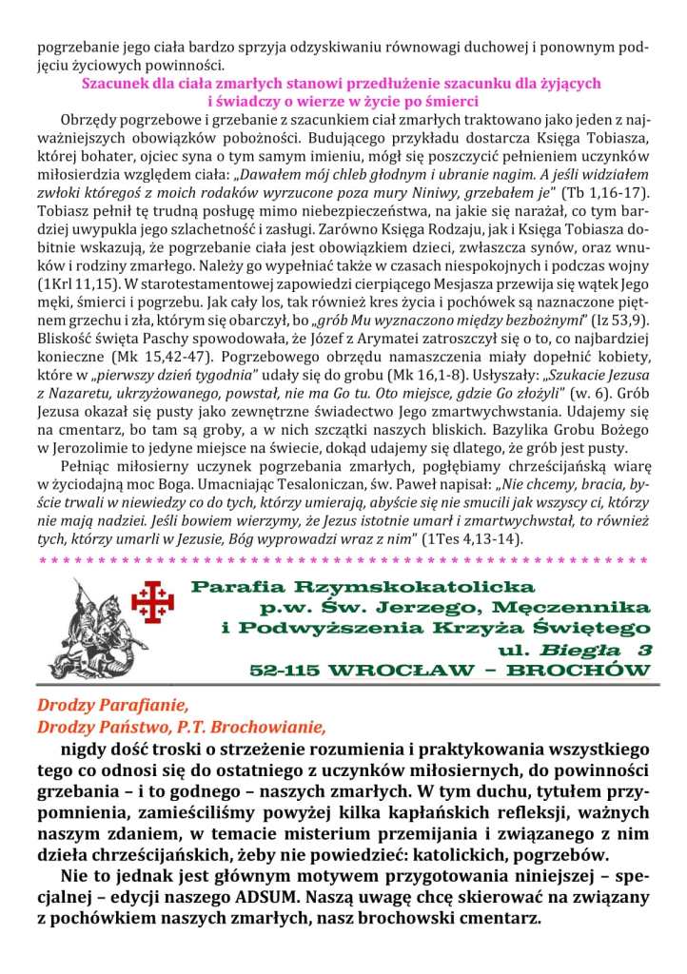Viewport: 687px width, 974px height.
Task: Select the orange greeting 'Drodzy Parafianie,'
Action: [x=107, y=707]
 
